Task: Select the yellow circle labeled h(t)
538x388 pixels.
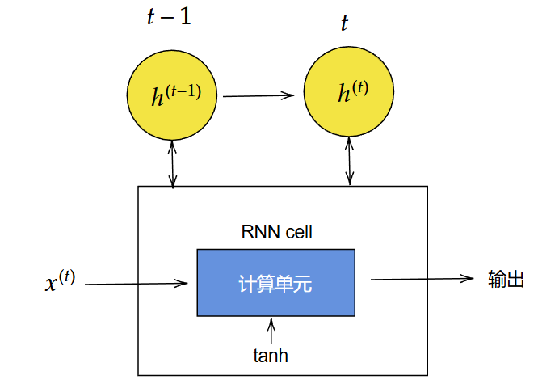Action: point(349,92)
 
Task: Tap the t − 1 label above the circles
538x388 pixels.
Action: point(169,17)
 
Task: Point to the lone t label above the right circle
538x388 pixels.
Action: point(345,23)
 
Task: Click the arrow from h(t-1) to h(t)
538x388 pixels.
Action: point(258,95)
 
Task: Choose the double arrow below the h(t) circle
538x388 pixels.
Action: point(349,161)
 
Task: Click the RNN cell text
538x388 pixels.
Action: point(277,233)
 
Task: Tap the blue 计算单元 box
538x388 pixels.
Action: point(275,283)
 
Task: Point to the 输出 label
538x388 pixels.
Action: point(506,279)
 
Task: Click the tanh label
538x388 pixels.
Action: point(271,354)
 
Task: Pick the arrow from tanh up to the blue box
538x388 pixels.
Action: point(271,329)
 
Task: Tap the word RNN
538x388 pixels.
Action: point(258,233)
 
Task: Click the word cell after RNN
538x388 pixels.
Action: point(296,233)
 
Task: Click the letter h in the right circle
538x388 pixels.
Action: point(343,95)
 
